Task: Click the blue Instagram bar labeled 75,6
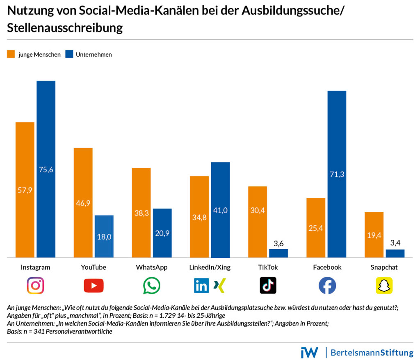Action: coord(46,169)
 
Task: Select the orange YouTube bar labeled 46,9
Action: coord(83,202)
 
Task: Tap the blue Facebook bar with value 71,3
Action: coord(337,174)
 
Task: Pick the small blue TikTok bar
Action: coord(278,253)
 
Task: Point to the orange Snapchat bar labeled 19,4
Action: coord(374,235)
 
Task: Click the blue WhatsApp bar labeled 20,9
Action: coord(162,233)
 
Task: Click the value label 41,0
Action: coord(220,210)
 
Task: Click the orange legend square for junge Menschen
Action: coord(11,54)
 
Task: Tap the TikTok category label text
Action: coord(268,267)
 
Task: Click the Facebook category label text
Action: coord(327,267)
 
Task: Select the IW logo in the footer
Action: coord(309,352)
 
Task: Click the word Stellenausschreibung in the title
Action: coord(65,28)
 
